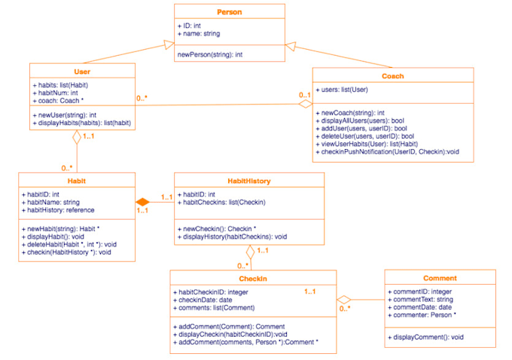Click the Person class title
coord(230,12)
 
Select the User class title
coord(83,72)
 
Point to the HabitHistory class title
coord(249,181)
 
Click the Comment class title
coord(440,278)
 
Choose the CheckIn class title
coord(252,279)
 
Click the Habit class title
coord(77,181)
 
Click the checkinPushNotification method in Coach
coord(388,151)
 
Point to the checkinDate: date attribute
coord(206,299)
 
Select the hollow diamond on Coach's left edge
coord(304,105)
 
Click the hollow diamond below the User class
coord(77,138)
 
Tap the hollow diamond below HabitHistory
coord(251,252)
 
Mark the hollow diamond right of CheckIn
coord(344,300)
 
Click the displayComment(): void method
coord(426,337)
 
